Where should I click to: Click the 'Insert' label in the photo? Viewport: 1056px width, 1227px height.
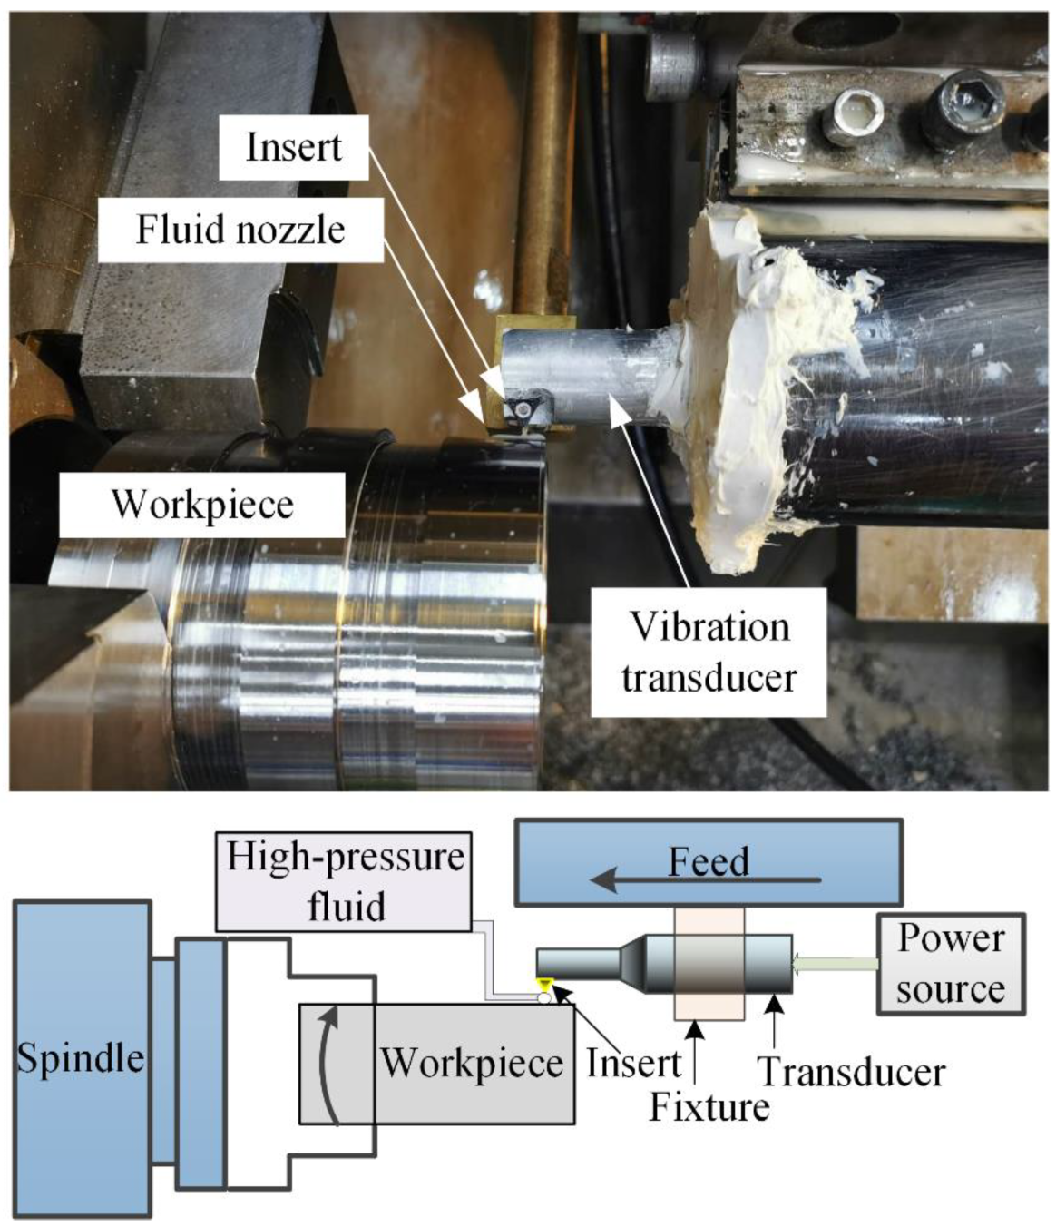coord(293,147)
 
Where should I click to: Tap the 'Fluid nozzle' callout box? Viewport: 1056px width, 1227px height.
coord(240,229)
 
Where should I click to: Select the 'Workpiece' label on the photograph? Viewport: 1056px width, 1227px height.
coord(202,505)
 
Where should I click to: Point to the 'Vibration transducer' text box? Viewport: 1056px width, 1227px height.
coord(709,652)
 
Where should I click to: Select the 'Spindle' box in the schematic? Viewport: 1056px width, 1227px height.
coord(82,1058)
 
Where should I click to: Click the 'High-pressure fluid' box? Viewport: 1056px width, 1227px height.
coord(345,881)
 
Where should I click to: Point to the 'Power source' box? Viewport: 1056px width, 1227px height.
coord(950,963)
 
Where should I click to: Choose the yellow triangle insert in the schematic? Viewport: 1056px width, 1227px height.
coord(544,985)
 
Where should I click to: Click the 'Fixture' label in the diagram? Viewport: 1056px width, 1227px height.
coord(709,1107)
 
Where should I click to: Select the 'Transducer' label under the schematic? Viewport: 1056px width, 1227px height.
coord(851,1072)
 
